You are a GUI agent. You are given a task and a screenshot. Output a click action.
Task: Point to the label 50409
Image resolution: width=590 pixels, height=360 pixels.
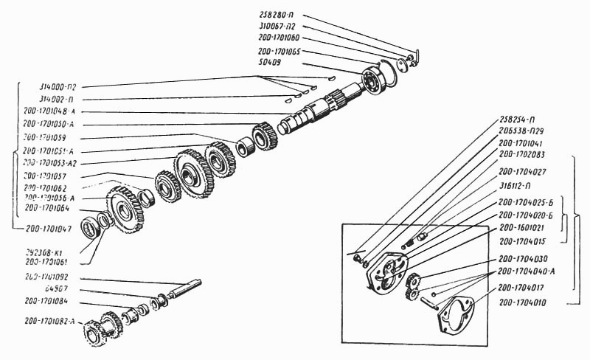tap(271, 63)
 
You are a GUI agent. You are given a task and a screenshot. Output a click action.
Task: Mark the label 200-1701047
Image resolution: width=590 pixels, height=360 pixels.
tap(50, 229)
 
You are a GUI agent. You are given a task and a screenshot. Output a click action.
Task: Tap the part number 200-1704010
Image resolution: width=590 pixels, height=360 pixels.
tap(525, 302)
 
